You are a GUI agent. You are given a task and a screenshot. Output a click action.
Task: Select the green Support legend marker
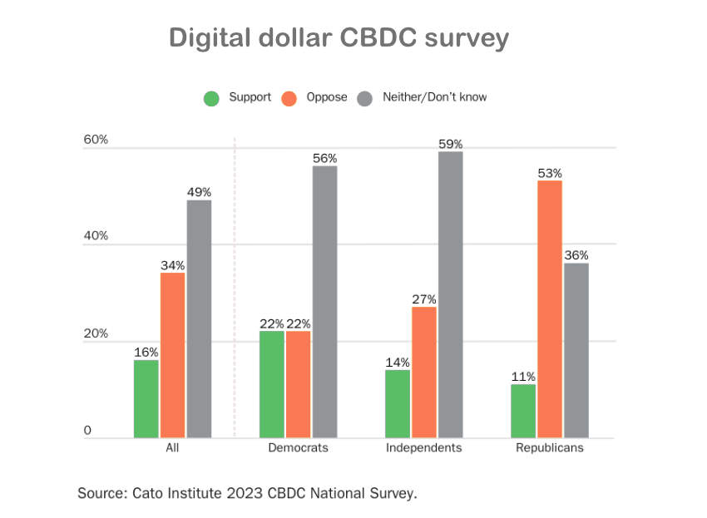pos(212,98)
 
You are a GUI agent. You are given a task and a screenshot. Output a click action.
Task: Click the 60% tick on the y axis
pos(96,140)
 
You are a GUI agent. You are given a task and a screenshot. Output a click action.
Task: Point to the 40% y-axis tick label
pos(96,236)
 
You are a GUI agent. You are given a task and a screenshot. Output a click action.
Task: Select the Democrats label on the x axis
pos(298,448)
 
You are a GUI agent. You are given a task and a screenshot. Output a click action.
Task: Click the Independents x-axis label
pos(424,448)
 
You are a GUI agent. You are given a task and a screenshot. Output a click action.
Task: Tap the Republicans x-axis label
pos(549,448)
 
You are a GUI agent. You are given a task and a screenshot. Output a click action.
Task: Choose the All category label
pos(173,448)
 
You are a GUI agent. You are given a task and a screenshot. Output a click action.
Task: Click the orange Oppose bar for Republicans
pos(550,308)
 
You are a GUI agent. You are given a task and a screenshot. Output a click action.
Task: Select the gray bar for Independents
pos(450,294)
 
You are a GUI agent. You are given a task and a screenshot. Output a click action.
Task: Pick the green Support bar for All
pos(146,398)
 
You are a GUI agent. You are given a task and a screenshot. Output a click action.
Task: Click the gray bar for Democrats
pos(324,301)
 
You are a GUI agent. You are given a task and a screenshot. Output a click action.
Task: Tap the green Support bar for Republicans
pos(523,411)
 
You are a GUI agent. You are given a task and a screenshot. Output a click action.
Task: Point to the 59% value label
pos(450,144)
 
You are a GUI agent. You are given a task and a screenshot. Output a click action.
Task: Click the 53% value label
pos(550,173)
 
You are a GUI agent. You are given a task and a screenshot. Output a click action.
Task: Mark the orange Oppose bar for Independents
pos(424,372)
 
